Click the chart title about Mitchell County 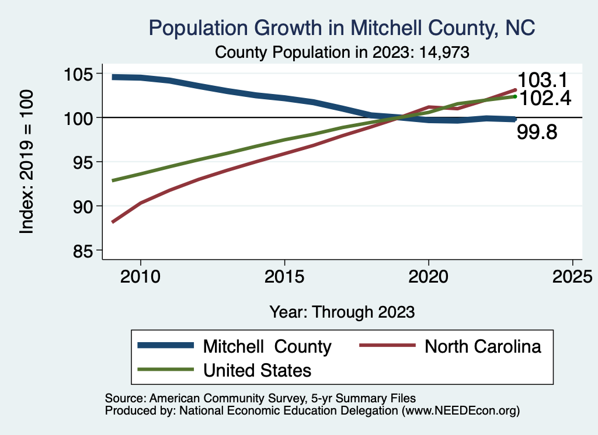point(342,27)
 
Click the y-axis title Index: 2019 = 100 point(27,162)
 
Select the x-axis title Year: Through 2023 point(342,312)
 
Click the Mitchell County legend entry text point(267,346)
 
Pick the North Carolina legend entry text point(483,346)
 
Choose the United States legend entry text point(257,370)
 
